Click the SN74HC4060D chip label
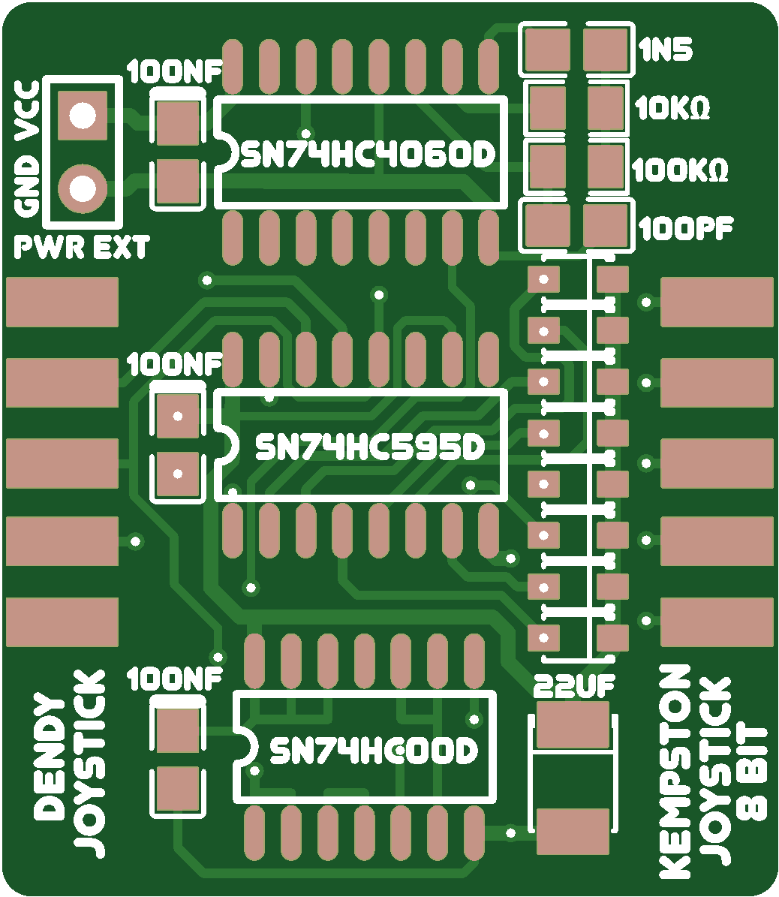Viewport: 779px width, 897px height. [x=368, y=155]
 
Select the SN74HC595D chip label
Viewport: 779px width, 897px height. [x=371, y=447]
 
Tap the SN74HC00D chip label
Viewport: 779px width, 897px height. [x=373, y=751]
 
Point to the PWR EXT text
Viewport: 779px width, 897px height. [x=82, y=247]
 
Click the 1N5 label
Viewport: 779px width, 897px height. [x=666, y=50]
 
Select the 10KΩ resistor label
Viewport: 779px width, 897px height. [x=672, y=110]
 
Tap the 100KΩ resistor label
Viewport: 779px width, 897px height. [x=680, y=170]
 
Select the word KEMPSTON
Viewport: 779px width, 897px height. [x=674, y=772]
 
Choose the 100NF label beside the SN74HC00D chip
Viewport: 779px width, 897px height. [x=175, y=679]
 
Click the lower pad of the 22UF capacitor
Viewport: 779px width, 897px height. [x=573, y=831]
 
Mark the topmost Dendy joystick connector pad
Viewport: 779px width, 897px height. [x=62, y=302]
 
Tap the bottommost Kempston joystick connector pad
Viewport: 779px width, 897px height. [x=717, y=622]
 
